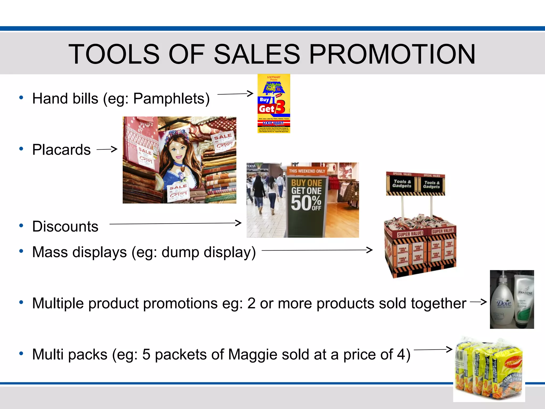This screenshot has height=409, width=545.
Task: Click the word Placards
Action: [x=61, y=150]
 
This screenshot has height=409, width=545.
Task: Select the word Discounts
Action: [x=65, y=227]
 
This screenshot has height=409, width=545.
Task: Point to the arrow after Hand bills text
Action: [x=235, y=94]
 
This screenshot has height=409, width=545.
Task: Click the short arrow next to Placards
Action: [x=107, y=149]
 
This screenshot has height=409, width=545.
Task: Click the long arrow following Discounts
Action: [x=175, y=223]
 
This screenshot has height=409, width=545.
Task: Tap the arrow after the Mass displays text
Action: [x=317, y=250]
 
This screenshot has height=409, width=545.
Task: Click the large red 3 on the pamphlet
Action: [x=280, y=107]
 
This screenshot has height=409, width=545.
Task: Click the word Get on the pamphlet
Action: [x=266, y=109]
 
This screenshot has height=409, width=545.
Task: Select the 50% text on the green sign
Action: [x=306, y=203]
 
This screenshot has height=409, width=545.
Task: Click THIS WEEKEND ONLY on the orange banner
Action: [x=307, y=171]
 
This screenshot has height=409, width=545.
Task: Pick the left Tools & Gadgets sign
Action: [x=402, y=184]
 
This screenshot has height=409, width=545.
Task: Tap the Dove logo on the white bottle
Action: [x=504, y=303]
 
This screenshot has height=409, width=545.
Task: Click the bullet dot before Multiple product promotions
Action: [x=21, y=302]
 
